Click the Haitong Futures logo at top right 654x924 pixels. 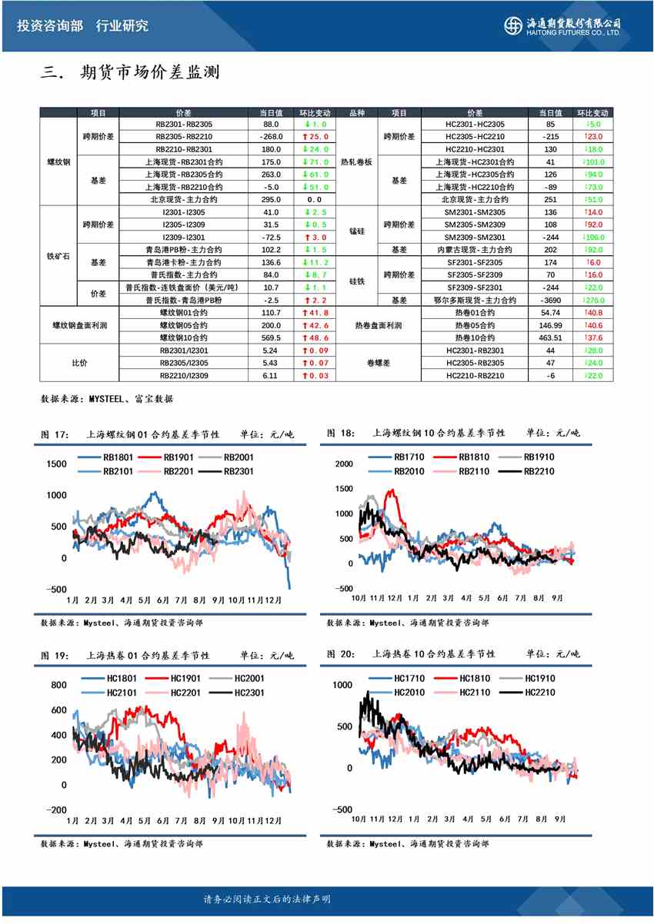coord(563,25)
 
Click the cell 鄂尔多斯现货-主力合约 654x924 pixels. coord(474,300)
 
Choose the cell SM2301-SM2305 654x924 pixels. coord(475,212)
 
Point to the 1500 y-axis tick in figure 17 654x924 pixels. coord(56,464)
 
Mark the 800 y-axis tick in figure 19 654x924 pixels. coord(58,685)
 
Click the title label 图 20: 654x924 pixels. coord(341,654)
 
